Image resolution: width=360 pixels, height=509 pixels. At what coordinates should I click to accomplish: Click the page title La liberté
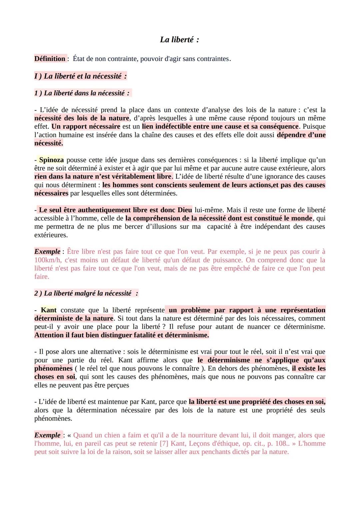click(179, 40)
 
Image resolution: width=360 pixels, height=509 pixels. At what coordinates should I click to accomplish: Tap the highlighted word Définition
click(50, 59)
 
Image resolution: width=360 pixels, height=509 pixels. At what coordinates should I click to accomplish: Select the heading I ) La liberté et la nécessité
click(80, 76)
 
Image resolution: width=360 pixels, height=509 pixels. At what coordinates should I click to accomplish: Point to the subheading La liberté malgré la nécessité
click(86, 293)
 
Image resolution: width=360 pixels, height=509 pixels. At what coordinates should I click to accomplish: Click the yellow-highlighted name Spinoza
click(51, 160)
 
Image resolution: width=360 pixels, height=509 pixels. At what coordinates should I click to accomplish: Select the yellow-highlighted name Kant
click(49, 310)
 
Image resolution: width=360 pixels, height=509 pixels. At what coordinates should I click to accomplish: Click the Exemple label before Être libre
click(47, 252)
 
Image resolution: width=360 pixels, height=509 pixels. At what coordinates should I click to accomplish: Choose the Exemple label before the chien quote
click(47, 435)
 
